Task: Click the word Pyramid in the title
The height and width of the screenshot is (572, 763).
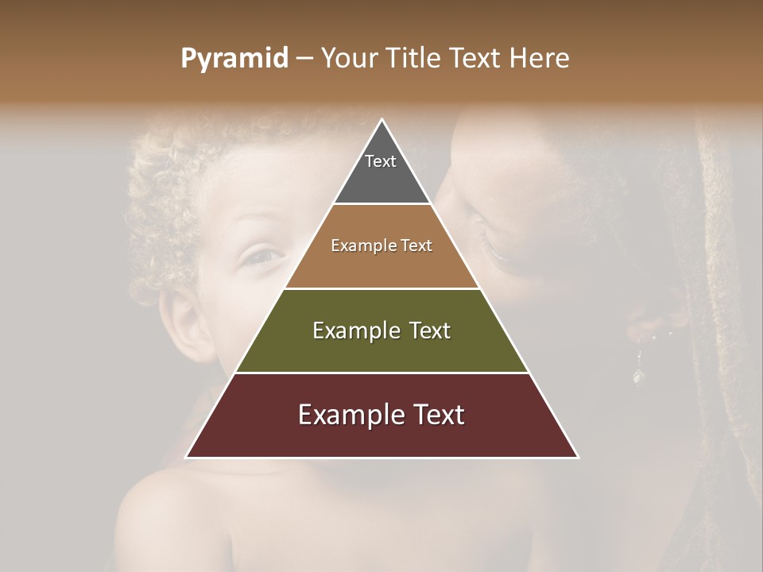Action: click(234, 59)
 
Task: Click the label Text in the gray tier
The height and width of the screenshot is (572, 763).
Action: click(381, 161)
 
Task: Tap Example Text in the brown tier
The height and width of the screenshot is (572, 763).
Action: click(381, 245)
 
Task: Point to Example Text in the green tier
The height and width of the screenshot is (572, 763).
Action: click(381, 330)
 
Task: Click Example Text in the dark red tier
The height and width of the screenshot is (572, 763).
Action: click(381, 415)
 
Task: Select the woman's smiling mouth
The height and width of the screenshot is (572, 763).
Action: click(497, 253)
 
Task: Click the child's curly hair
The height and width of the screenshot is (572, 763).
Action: click(191, 183)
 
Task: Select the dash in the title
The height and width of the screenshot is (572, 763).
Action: click(304, 59)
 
